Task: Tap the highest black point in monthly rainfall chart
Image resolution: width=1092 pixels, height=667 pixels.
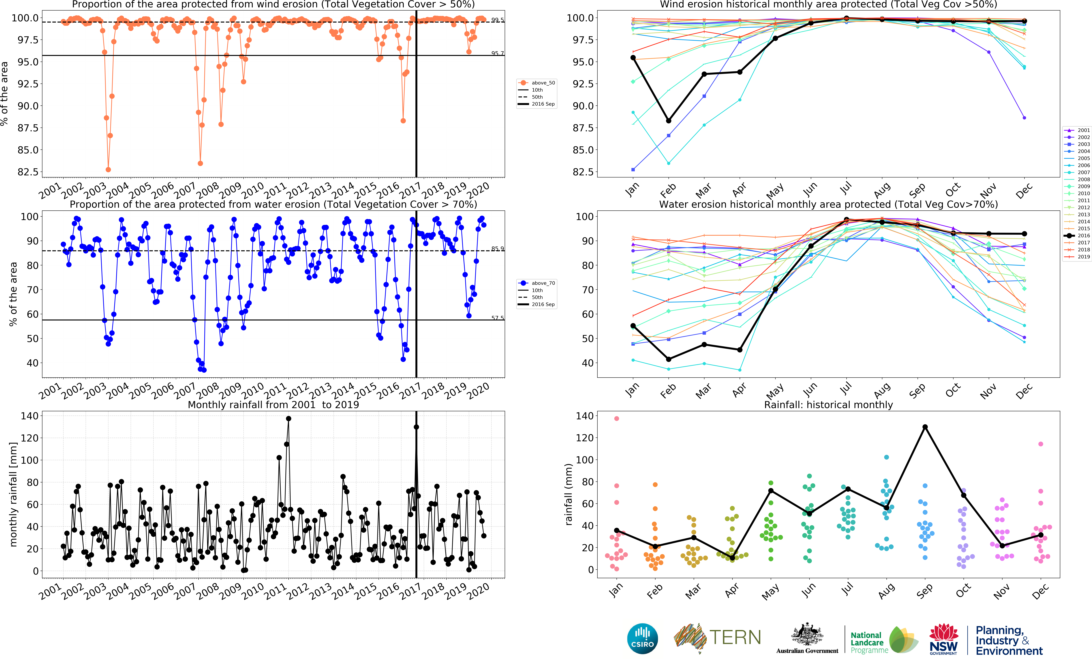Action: pyautogui.click(x=289, y=418)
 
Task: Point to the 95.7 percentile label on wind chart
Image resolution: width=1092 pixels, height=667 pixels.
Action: pyautogui.click(x=497, y=53)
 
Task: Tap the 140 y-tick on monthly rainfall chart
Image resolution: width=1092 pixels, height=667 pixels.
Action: pyautogui.click(x=30, y=416)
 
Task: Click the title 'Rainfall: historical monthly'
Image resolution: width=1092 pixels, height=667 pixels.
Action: pyautogui.click(x=828, y=405)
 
